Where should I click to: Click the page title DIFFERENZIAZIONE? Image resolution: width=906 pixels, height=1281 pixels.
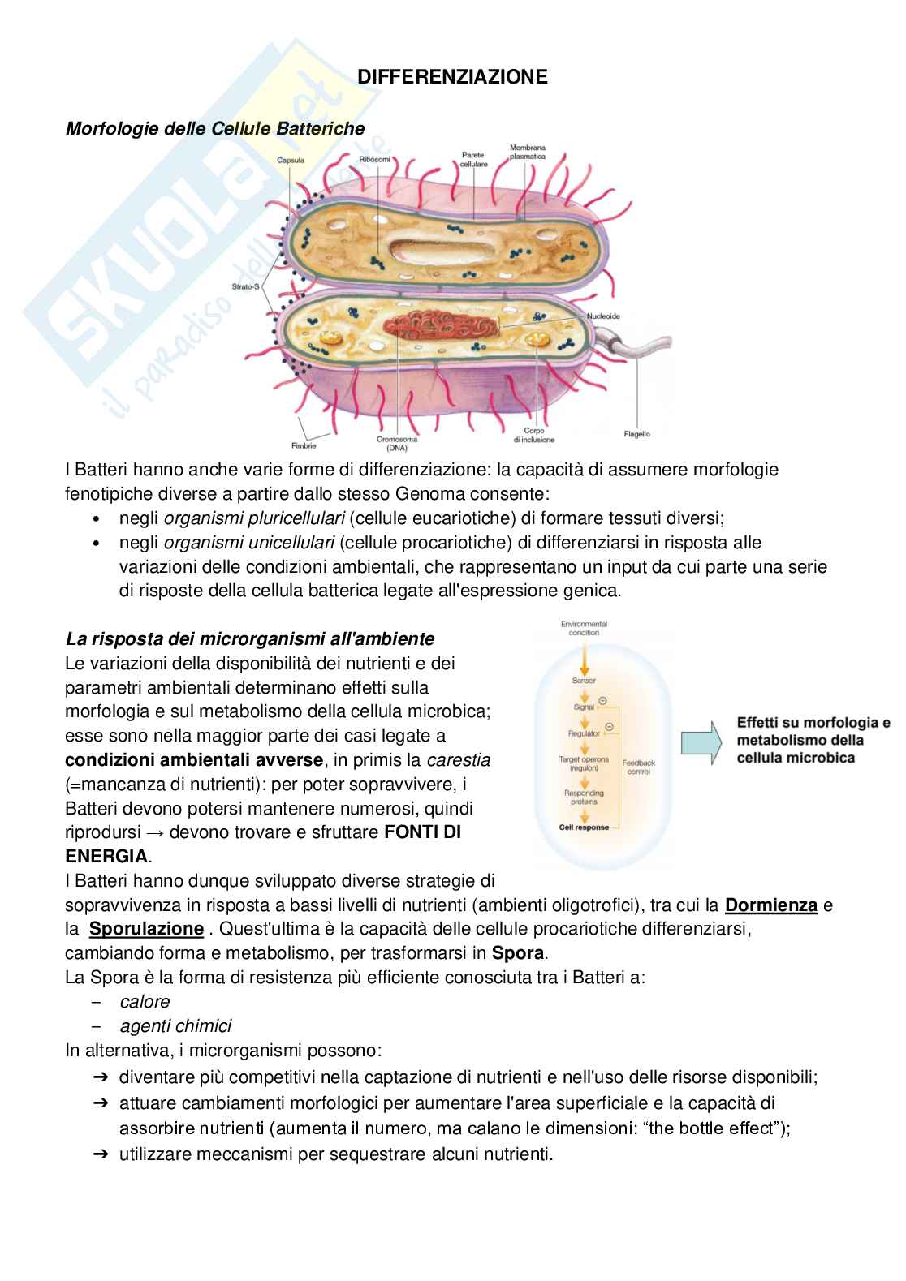click(x=453, y=77)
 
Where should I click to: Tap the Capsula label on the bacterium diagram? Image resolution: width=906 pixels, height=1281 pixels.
click(x=290, y=160)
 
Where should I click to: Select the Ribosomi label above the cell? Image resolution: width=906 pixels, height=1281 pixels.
click(x=375, y=160)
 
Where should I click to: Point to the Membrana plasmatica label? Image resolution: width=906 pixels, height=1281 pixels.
click(x=528, y=152)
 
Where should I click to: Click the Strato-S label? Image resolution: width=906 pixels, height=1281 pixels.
click(x=245, y=287)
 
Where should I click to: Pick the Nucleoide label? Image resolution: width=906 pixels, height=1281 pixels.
click(x=603, y=316)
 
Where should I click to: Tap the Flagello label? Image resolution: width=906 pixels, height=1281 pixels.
click(x=637, y=434)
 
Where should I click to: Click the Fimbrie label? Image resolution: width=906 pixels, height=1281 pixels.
click(x=304, y=445)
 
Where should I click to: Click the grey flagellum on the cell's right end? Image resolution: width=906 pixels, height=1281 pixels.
click(x=641, y=348)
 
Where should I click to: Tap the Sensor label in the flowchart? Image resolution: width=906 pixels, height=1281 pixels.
click(x=584, y=681)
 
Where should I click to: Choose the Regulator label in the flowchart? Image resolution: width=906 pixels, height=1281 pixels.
click(x=584, y=733)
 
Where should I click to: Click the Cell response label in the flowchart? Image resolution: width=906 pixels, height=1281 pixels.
click(x=584, y=827)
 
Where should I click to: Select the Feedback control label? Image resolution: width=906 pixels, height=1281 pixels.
click(x=639, y=767)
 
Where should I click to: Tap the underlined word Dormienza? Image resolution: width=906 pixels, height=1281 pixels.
click(x=770, y=905)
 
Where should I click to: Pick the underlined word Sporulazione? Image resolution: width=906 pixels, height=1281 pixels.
click(x=146, y=929)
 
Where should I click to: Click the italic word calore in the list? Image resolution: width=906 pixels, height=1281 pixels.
click(x=145, y=1002)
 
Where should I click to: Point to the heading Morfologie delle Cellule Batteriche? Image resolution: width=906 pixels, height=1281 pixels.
click(x=214, y=128)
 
